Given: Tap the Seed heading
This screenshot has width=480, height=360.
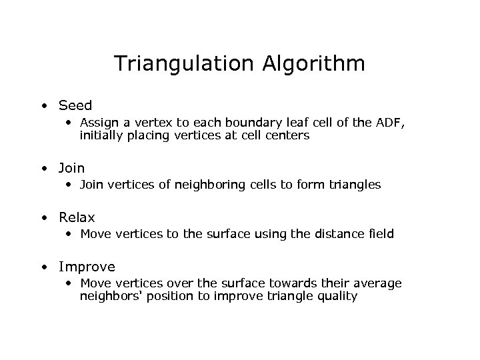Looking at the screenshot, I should pos(75,105).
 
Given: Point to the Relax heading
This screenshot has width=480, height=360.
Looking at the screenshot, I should pos(77,217).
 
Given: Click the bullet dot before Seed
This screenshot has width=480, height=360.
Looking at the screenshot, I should pos(43,106).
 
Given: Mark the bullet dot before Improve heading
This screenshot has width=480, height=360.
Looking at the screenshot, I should pos(43,267).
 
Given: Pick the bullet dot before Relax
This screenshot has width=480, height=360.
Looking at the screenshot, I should pos(43,218).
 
